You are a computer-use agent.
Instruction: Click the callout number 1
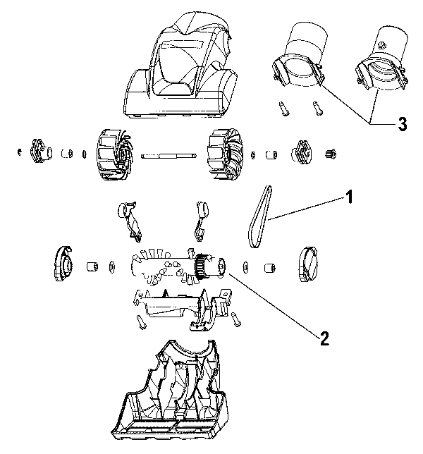coord(348,199)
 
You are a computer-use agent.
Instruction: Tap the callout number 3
coord(401,125)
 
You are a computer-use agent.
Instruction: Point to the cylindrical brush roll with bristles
coord(169,267)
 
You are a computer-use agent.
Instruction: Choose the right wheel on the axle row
coord(224,154)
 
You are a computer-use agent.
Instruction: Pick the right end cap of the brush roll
coord(309,264)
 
